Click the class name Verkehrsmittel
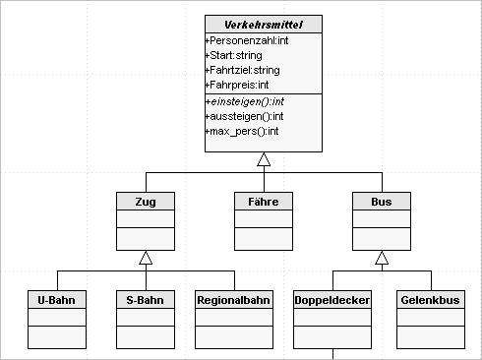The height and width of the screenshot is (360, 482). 264,24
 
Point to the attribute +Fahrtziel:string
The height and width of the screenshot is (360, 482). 242,70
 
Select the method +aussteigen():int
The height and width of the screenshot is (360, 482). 243,116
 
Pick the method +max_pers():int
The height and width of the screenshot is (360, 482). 242,130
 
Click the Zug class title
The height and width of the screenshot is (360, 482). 146,201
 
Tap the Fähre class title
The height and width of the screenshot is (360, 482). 264,201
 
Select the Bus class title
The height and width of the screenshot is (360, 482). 382,201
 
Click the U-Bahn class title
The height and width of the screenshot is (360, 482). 57,299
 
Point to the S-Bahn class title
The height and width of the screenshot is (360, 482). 146,299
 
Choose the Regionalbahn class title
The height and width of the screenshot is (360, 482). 234,299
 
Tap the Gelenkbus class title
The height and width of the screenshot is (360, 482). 430,299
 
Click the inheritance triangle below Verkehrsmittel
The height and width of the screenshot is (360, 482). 264,159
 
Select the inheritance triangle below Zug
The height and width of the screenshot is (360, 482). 146,258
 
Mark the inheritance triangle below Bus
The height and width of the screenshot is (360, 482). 382,258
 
